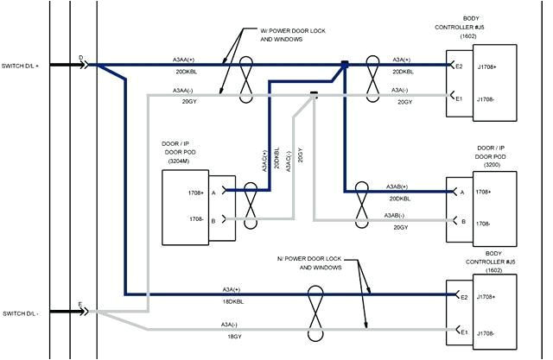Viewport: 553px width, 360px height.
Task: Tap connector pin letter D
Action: click(x=81, y=58)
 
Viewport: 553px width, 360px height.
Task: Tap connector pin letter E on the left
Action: click(x=80, y=305)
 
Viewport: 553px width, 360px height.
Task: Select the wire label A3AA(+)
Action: click(x=184, y=60)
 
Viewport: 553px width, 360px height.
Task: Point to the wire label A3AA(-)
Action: click(x=184, y=90)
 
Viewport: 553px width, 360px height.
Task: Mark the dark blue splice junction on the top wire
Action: click(x=344, y=64)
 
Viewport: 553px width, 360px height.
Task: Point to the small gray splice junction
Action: click(x=315, y=95)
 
